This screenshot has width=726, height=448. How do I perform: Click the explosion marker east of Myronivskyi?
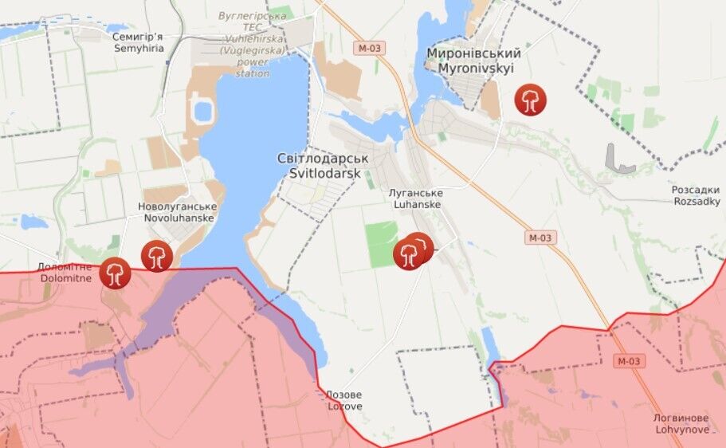529,100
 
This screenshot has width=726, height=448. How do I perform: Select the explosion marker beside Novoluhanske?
157,256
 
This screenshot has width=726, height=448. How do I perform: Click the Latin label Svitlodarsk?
319,174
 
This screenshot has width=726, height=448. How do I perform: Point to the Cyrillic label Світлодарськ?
319,159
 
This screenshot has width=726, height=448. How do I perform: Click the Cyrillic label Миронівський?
473,53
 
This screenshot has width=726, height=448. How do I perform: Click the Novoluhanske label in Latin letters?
178,218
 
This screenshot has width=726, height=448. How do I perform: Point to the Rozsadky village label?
697,202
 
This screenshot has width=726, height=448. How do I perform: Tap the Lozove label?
344,407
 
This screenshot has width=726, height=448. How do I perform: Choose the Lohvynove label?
680,430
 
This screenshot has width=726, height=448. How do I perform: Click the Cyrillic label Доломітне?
65,266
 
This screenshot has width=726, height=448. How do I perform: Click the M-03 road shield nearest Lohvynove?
628,361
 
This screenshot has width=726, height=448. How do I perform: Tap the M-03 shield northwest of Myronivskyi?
371,49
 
